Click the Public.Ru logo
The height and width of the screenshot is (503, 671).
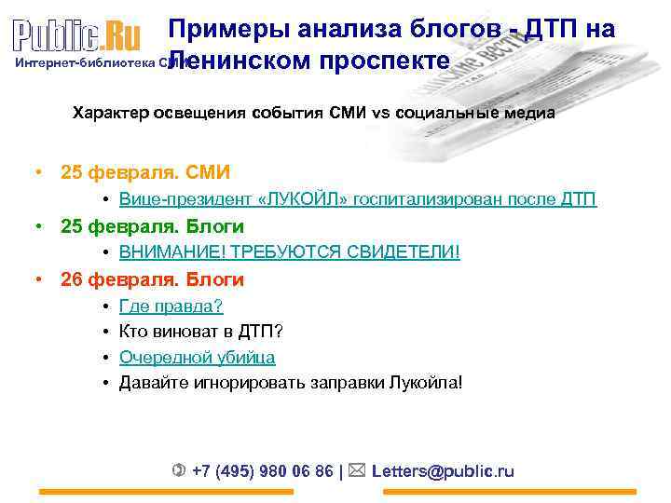[x=76, y=35]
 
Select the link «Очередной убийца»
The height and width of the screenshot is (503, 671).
[x=197, y=357]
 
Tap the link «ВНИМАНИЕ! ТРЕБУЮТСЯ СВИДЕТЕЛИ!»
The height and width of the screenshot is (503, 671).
[x=289, y=252]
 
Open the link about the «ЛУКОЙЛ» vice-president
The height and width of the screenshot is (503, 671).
[x=358, y=199]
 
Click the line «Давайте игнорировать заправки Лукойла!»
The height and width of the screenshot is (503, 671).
[x=290, y=382]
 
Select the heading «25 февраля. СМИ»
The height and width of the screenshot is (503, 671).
[x=144, y=172]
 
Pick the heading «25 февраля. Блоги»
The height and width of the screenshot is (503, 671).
[x=152, y=226]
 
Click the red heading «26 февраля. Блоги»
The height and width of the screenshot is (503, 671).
[x=152, y=279]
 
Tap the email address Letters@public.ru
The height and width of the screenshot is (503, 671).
[x=443, y=471]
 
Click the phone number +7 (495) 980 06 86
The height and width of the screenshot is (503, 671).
[x=262, y=471]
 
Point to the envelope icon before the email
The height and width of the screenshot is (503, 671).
[x=359, y=470]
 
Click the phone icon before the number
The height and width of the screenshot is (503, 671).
[x=179, y=470]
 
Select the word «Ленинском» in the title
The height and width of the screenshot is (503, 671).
[x=240, y=61]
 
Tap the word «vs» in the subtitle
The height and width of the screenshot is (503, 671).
[x=381, y=114]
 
